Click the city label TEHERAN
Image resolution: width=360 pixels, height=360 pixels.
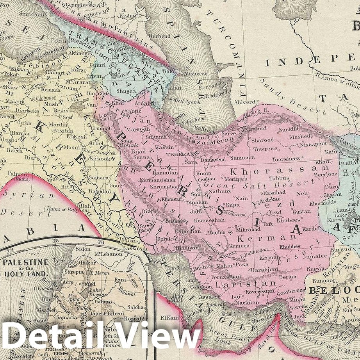point(180,154)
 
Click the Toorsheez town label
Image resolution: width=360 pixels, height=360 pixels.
point(286,159)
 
